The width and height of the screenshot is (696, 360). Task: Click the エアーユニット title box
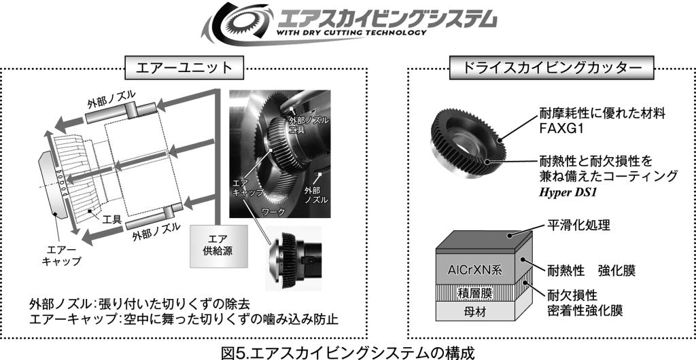[185, 68]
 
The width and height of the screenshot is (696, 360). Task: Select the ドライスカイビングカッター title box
[552, 68]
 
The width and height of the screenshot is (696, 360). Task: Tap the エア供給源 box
[220, 246]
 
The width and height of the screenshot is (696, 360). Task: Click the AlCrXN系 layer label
[474, 270]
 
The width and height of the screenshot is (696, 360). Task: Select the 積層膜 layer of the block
[474, 293]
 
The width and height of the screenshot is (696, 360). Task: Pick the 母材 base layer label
[474, 312]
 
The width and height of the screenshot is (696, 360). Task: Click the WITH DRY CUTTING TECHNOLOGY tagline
[351, 33]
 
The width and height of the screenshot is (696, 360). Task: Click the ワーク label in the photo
[274, 211]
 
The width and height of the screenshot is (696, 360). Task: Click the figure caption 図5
[347, 353]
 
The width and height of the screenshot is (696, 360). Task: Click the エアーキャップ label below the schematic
[61, 256]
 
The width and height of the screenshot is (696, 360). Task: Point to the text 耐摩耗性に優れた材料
[602, 113]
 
